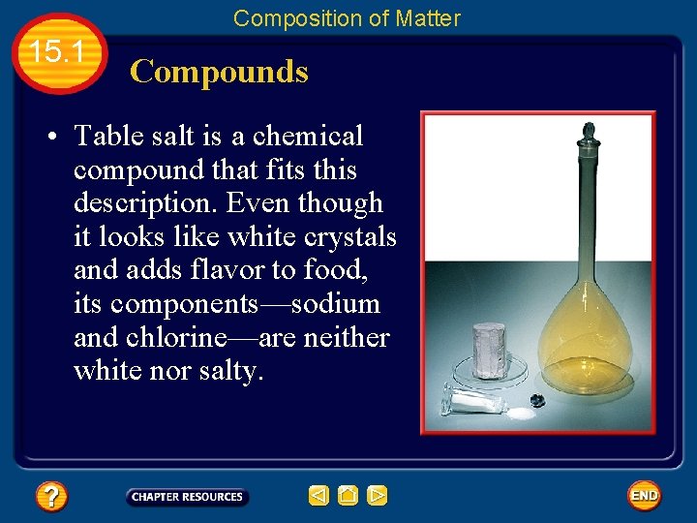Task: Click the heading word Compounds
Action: pyautogui.click(x=219, y=72)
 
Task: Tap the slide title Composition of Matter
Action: pyautogui.click(x=347, y=17)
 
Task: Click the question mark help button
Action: pyautogui.click(x=51, y=497)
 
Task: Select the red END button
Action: pyautogui.click(x=644, y=496)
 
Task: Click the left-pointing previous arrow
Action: pyautogui.click(x=319, y=496)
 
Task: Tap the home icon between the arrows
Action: pyautogui.click(x=348, y=496)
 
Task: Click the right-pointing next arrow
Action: pyautogui.click(x=378, y=496)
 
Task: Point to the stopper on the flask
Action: pyautogui.click(x=588, y=134)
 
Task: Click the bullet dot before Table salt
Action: pyautogui.click(x=48, y=138)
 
